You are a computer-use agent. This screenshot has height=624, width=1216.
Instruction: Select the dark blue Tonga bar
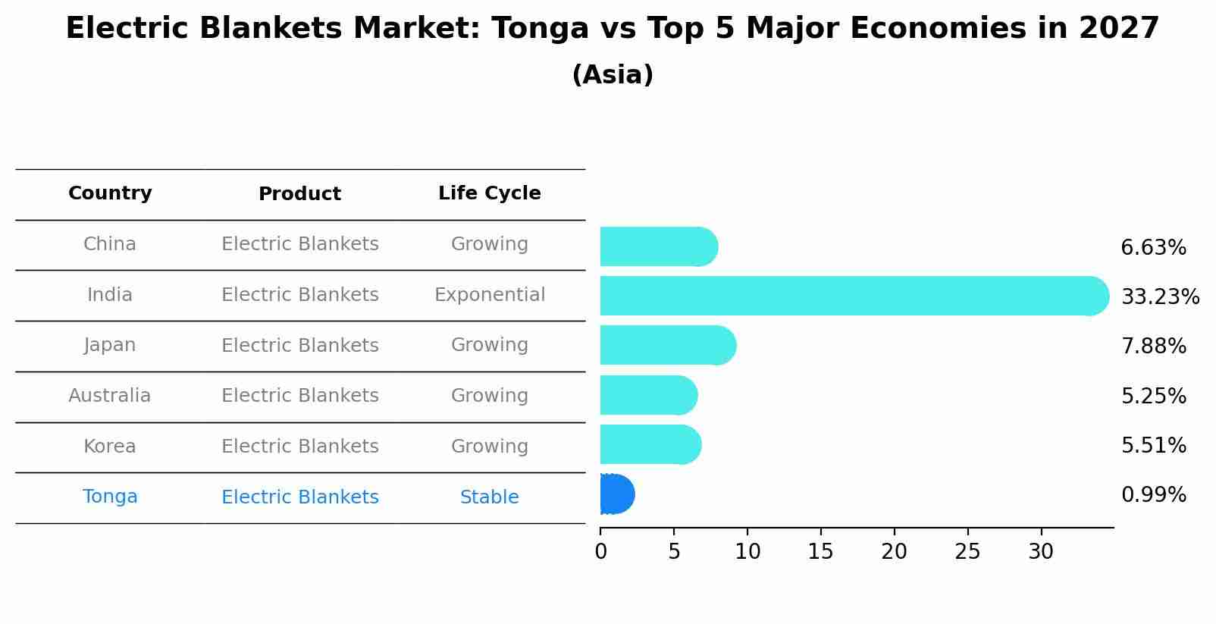click(x=616, y=494)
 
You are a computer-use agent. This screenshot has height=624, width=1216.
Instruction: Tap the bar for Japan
click(x=667, y=346)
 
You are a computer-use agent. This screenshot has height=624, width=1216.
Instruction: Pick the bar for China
click(x=658, y=246)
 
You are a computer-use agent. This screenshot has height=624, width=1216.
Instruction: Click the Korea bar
click(x=650, y=444)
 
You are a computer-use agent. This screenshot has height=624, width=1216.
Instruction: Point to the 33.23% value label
click(x=1160, y=296)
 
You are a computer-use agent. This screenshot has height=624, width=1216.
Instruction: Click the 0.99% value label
click(x=1153, y=495)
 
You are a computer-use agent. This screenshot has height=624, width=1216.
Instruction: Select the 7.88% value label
click(x=1153, y=346)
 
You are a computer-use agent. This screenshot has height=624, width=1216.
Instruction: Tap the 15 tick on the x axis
click(x=820, y=552)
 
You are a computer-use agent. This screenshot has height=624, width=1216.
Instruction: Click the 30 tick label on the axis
click(x=1041, y=552)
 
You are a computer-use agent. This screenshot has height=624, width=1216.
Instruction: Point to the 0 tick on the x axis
click(x=600, y=552)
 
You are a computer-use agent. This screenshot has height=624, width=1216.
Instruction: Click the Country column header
click(x=110, y=193)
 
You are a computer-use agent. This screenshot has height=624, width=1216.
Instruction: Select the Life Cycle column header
click(x=489, y=193)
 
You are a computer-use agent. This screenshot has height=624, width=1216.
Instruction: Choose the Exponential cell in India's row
click(x=489, y=295)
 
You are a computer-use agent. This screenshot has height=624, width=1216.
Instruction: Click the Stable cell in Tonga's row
click(x=489, y=497)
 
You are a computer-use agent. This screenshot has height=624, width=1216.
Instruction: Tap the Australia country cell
click(x=110, y=396)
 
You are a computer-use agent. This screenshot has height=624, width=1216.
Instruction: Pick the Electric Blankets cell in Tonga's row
click(x=299, y=497)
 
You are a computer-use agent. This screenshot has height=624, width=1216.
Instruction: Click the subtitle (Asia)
click(x=613, y=75)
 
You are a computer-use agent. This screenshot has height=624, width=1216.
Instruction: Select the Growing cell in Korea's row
click(x=489, y=447)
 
